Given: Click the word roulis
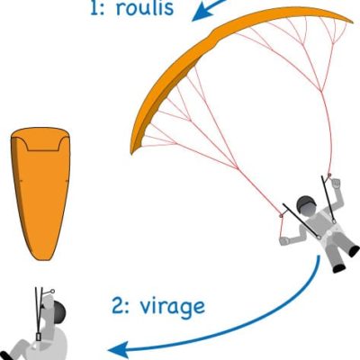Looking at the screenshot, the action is coord(145,8).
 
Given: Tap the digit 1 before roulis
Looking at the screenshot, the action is coord(96,8).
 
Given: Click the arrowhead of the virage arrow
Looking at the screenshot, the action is coord(117,349).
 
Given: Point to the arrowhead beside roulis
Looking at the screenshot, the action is coord(200,14).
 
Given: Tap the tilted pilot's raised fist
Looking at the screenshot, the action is coord(336,183).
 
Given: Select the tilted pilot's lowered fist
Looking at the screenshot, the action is coord(284,240).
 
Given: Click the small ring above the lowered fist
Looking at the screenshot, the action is coord(281,215).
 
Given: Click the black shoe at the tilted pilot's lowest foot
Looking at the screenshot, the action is coord(339,268).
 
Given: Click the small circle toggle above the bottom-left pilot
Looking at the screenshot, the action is coord(52,291).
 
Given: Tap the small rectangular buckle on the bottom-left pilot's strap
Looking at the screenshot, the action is coord(39,337).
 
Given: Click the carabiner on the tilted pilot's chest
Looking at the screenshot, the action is coord(319,238).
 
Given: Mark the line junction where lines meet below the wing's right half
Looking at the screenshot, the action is coord(322,91).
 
